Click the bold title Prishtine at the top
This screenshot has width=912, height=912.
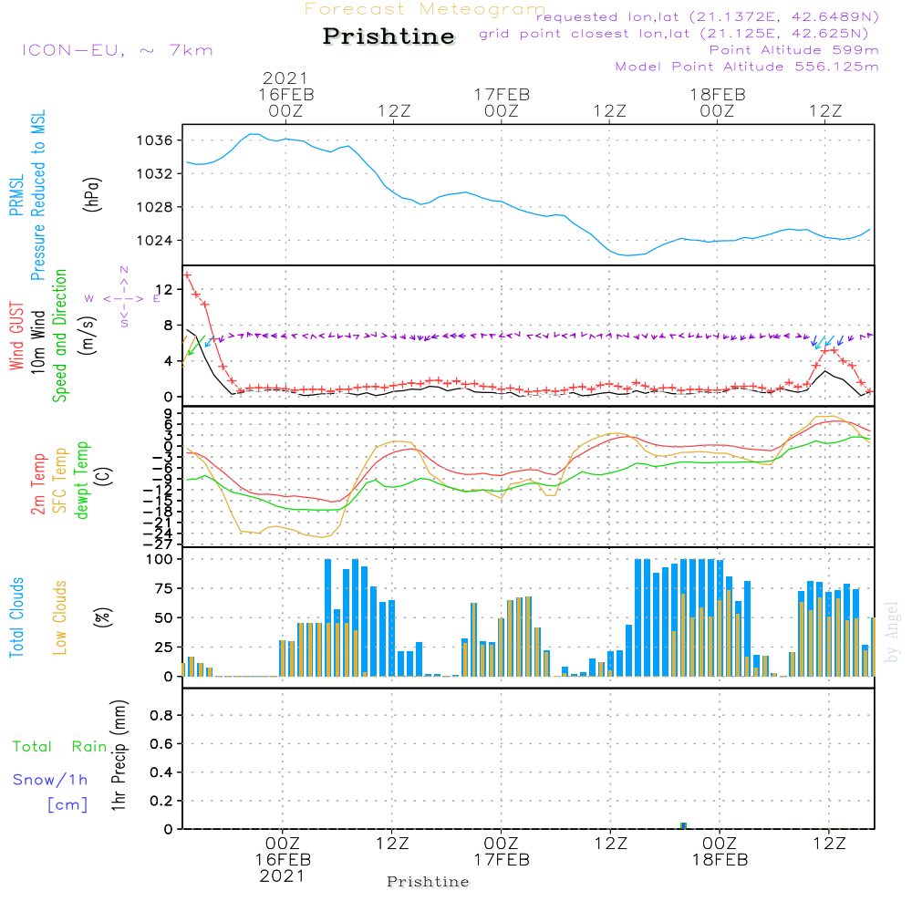coord(389,37)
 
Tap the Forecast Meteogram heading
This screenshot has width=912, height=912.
coord(425,10)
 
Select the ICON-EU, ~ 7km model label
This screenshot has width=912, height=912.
coord(117,50)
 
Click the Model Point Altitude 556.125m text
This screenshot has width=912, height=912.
coord(747,67)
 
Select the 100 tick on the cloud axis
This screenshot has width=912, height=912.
coord(160,559)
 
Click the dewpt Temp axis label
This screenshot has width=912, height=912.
coord(81,480)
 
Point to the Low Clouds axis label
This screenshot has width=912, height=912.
coord(60,617)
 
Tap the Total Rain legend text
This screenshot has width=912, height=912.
coord(59,747)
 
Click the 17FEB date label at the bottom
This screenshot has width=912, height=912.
coord(501,860)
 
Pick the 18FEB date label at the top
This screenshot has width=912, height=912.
coord(718,94)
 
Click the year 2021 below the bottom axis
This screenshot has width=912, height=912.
coord(283,876)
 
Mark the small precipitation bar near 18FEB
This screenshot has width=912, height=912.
coord(683,824)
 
